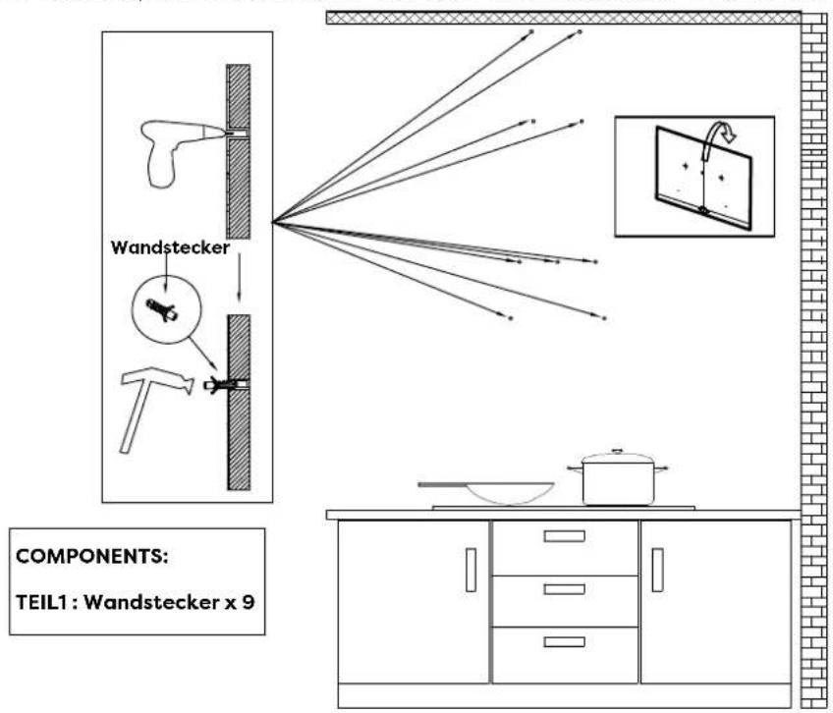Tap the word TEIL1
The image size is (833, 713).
point(42,602)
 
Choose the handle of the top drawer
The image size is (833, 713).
point(564,535)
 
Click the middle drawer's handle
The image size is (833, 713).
point(564,588)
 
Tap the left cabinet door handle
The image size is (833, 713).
point(471,571)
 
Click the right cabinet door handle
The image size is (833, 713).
point(657,571)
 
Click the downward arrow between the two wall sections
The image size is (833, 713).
point(238,285)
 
